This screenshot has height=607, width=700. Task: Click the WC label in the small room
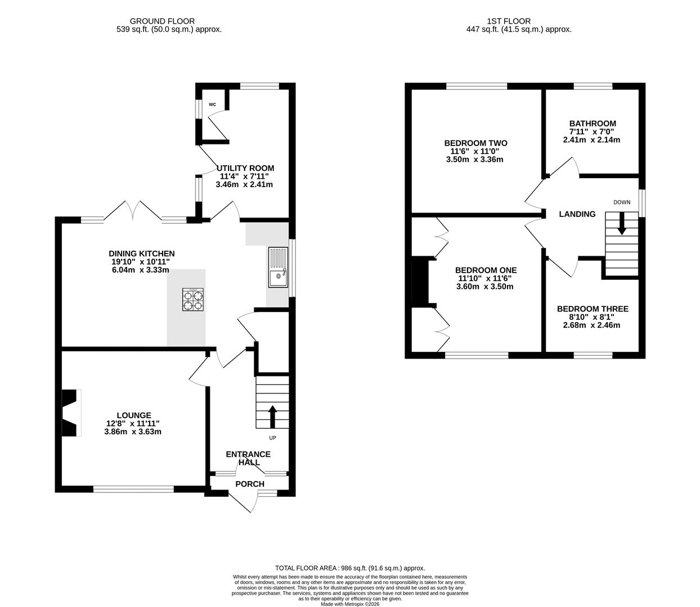(212, 105)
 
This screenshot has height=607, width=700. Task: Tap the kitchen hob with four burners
(193, 300)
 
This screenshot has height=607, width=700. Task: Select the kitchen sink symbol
(278, 268)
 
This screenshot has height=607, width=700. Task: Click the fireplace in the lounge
(71, 413)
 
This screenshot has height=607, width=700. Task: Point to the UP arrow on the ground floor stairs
(272, 416)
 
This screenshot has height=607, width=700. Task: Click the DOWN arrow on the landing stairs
(622, 224)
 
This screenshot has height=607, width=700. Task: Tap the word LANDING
(577, 214)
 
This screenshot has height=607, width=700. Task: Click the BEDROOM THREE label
(593, 309)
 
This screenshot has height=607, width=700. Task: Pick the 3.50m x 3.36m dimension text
(474, 160)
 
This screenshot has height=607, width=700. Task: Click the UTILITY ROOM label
(245, 168)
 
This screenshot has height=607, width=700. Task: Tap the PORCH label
(250, 484)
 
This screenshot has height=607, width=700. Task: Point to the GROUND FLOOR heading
(162, 21)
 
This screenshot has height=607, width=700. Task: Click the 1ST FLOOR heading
(509, 21)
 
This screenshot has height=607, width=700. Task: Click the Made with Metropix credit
(350, 604)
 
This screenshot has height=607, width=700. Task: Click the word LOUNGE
(134, 415)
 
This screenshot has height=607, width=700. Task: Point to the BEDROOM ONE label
(486, 270)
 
